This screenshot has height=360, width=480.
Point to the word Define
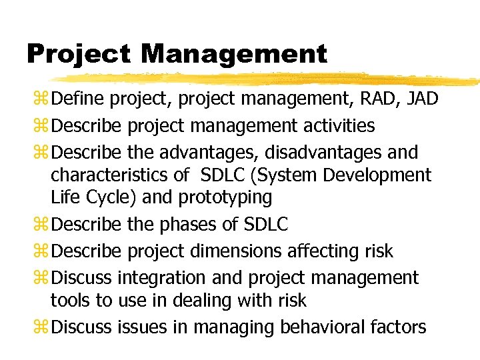coord(78,99)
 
